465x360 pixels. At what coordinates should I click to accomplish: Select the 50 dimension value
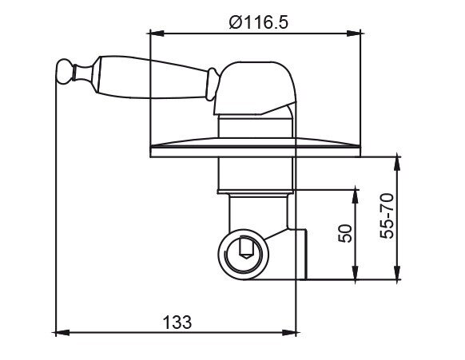[x=345, y=234]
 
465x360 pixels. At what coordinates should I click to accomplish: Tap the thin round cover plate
[x=254, y=149]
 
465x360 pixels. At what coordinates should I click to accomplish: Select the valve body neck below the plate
[x=256, y=174]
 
